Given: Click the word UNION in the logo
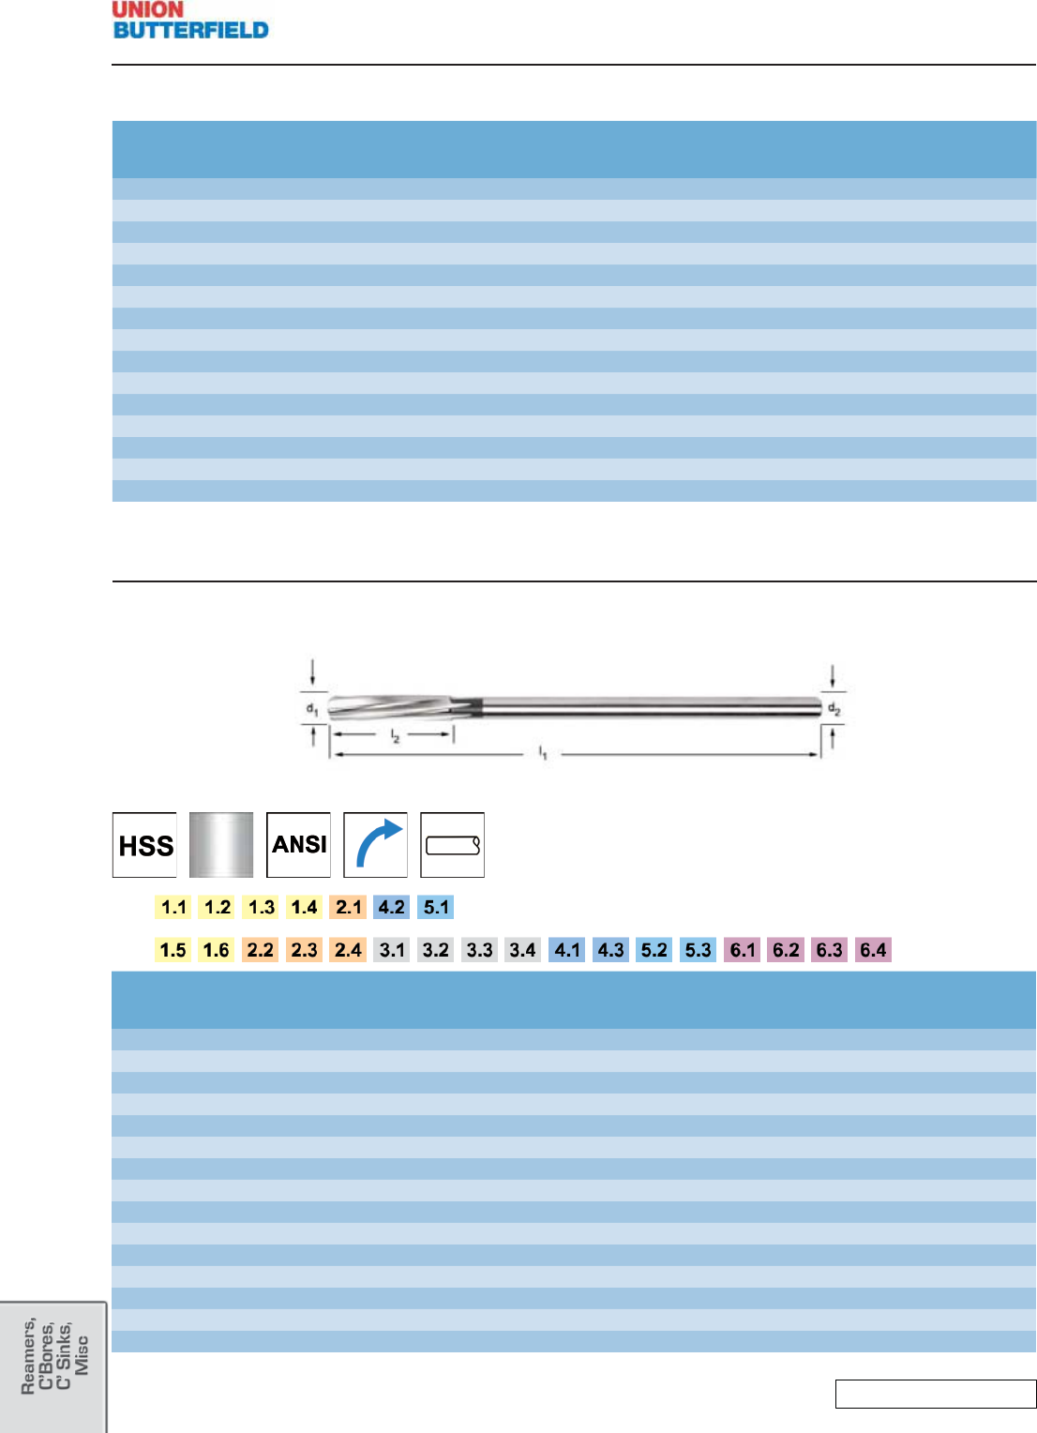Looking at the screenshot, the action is pyautogui.click(x=148, y=9).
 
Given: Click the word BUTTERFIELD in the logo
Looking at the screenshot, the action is pyautogui.click(x=190, y=30).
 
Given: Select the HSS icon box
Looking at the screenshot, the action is pyautogui.click(x=144, y=844).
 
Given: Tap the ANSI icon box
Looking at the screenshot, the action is pyautogui.click(x=299, y=844).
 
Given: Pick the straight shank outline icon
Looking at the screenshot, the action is pyautogui.click(x=452, y=844).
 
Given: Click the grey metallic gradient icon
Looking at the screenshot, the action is pyautogui.click(x=221, y=844).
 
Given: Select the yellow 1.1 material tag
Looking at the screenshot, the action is pyautogui.click(x=173, y=907).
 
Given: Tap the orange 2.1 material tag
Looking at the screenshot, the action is pyautogui.click(x=348, y=907).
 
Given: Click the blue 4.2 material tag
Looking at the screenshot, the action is pyautogui.click(x=392, y=907).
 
